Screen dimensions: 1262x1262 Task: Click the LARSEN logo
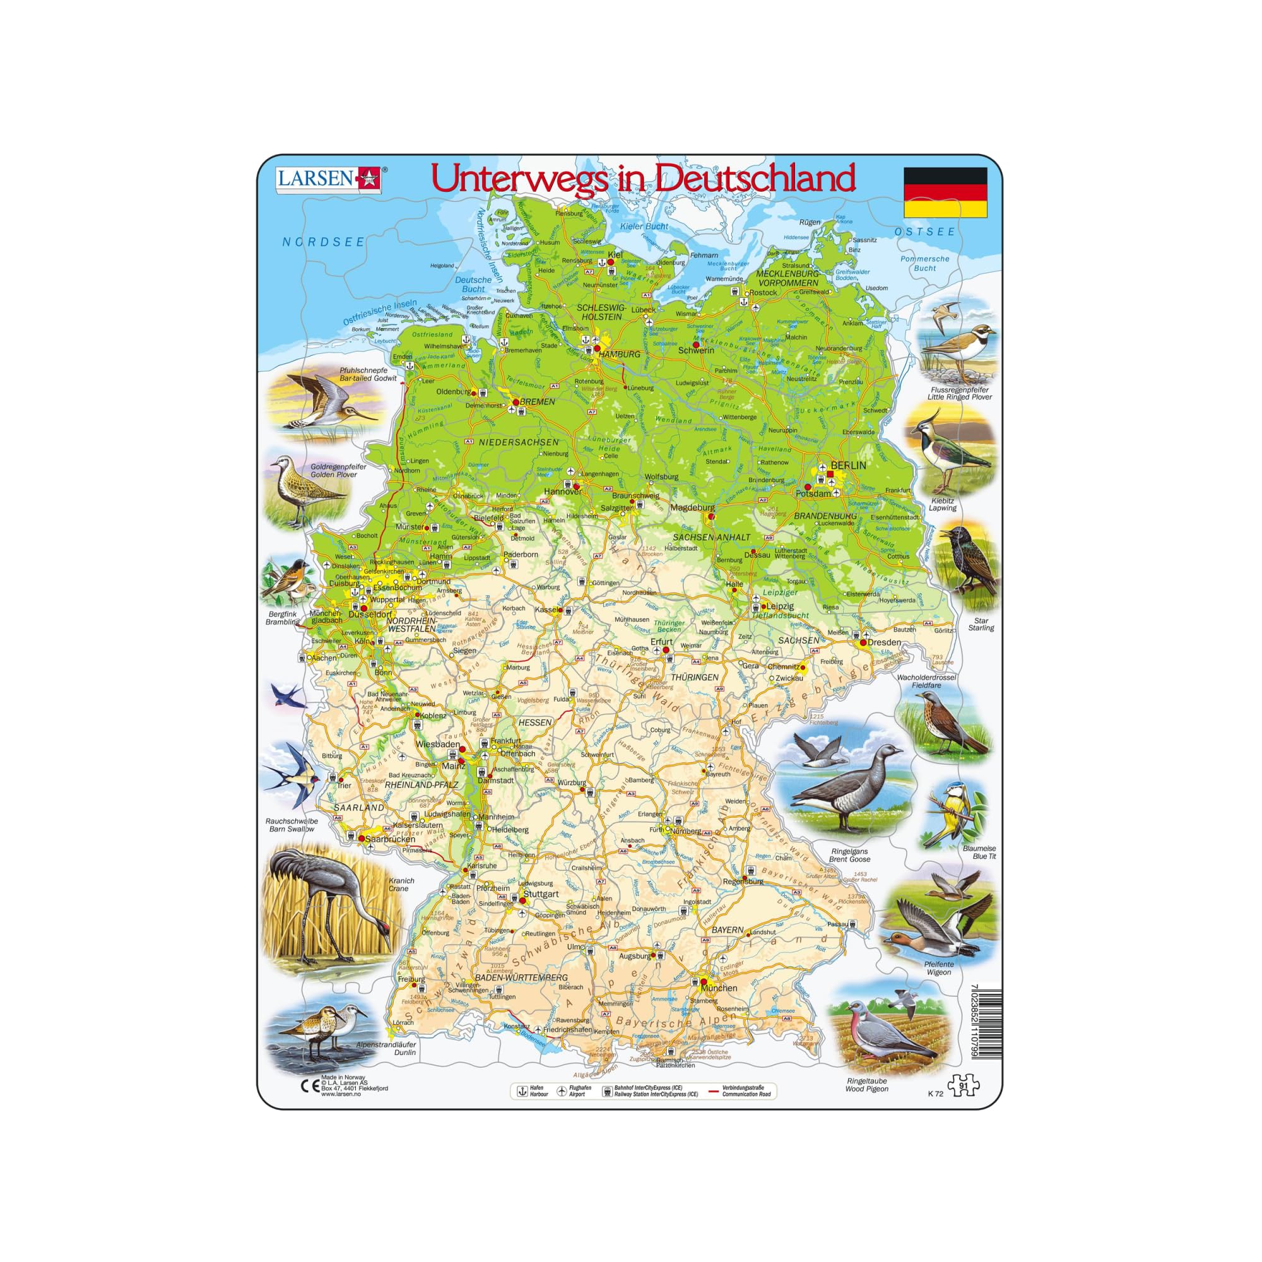pyautogui.click(x=329, y=179)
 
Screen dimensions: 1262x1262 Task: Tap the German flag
pyautogui.click(x=945, y=192)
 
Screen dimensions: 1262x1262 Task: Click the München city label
pyautogui.click(x=719, y=988)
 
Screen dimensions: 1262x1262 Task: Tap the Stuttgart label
pyautogui.click(x=540, y=894)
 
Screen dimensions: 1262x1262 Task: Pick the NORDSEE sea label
pyautogui.click(x=322, y=242)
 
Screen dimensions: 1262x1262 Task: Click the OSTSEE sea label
pyautogui.click(x=924, y=231)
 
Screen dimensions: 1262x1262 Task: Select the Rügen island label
pyautogui.click(x=810, y=222)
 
